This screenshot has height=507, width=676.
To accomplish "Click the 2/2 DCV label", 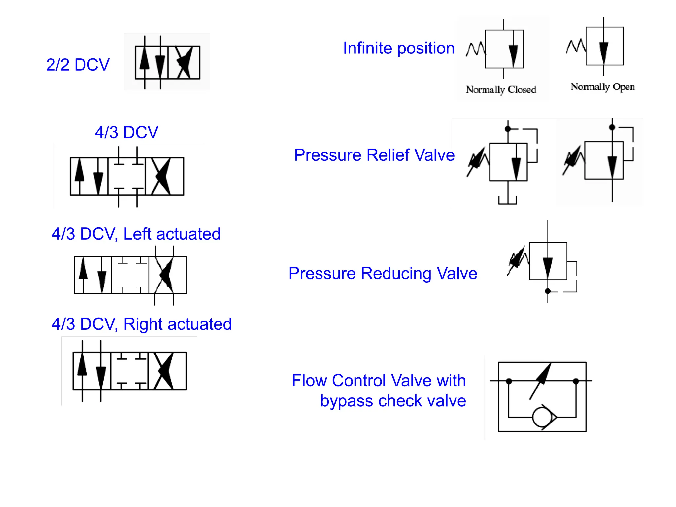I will (x=78, y=65).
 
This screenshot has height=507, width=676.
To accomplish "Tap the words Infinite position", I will (x=399, y=48).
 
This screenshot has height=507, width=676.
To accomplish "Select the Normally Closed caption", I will (x=501, y=90).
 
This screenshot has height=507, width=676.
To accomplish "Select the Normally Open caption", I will (x=602, y=87).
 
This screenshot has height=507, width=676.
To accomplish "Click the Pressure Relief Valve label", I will (x=374, y=155).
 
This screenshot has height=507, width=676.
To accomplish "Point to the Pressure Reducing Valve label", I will (x=383, y=274).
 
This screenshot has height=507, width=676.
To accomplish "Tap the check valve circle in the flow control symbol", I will (x=542, y=417).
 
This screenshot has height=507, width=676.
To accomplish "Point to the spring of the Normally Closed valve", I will (x=476, y=50).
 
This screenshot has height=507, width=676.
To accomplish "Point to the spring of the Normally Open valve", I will (x=576, y=46).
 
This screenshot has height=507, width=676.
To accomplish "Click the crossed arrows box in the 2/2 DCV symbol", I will (x=184, y=62).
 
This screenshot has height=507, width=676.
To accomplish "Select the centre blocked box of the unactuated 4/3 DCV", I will (x=127, y=177).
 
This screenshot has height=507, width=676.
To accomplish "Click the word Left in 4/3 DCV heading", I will (x=137, y=234).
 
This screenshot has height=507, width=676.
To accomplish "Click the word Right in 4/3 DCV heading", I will (x=143, y=324).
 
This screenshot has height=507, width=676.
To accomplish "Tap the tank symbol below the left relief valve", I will (x=507, y=200).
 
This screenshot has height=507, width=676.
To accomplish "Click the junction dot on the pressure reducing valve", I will (x=548, y=291).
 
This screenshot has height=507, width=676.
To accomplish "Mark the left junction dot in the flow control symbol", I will (x=509, y=381).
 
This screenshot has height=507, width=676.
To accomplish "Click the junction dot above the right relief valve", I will (x=612, y=127).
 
